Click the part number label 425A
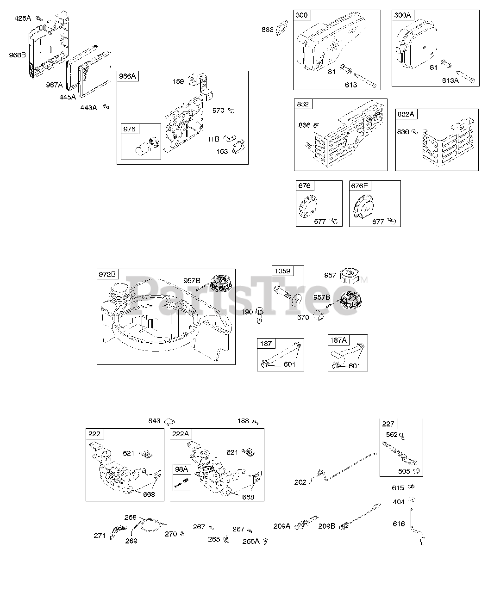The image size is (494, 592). [23, 18]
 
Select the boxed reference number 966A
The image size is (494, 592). [128, 76]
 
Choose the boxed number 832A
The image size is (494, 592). [406, 114]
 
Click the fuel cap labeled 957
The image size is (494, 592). [350, 277]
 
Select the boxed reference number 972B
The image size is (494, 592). [107, 274]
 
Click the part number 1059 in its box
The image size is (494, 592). [282, 271]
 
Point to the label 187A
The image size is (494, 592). [338, 340]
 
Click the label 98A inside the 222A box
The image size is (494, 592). [181, 469]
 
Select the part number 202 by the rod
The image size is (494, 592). [300, 482]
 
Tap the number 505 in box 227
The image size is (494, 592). [404, 471]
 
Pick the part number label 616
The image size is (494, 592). [399, 524]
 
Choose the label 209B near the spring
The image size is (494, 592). [326, 526]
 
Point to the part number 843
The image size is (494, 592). [154, 421]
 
